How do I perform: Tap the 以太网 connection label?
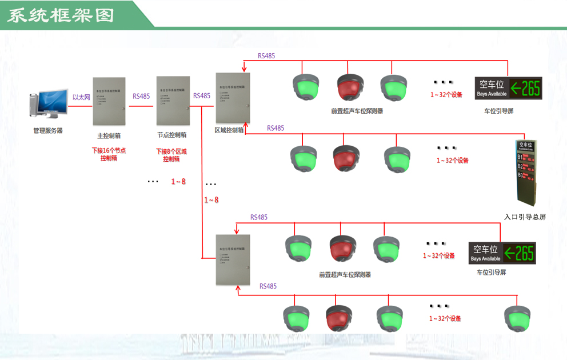pos(81,97)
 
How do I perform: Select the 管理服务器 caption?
pos(48,130)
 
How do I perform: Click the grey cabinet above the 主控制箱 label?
pos(109,101)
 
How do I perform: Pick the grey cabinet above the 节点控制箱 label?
pos(173,101)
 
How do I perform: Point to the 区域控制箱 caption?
pos(229,130)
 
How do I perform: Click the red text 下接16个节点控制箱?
pos(109,154)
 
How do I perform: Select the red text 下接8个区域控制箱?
pos(171,155)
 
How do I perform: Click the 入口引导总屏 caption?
pos(525,217)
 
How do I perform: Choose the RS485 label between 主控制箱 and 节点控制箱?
pos(141,96)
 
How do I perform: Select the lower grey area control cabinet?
pos(233,259)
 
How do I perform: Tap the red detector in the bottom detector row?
pos(339,318)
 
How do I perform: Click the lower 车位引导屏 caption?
pos(491,273)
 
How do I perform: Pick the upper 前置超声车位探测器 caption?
pos(357,111)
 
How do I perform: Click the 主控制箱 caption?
pos(109,136)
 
